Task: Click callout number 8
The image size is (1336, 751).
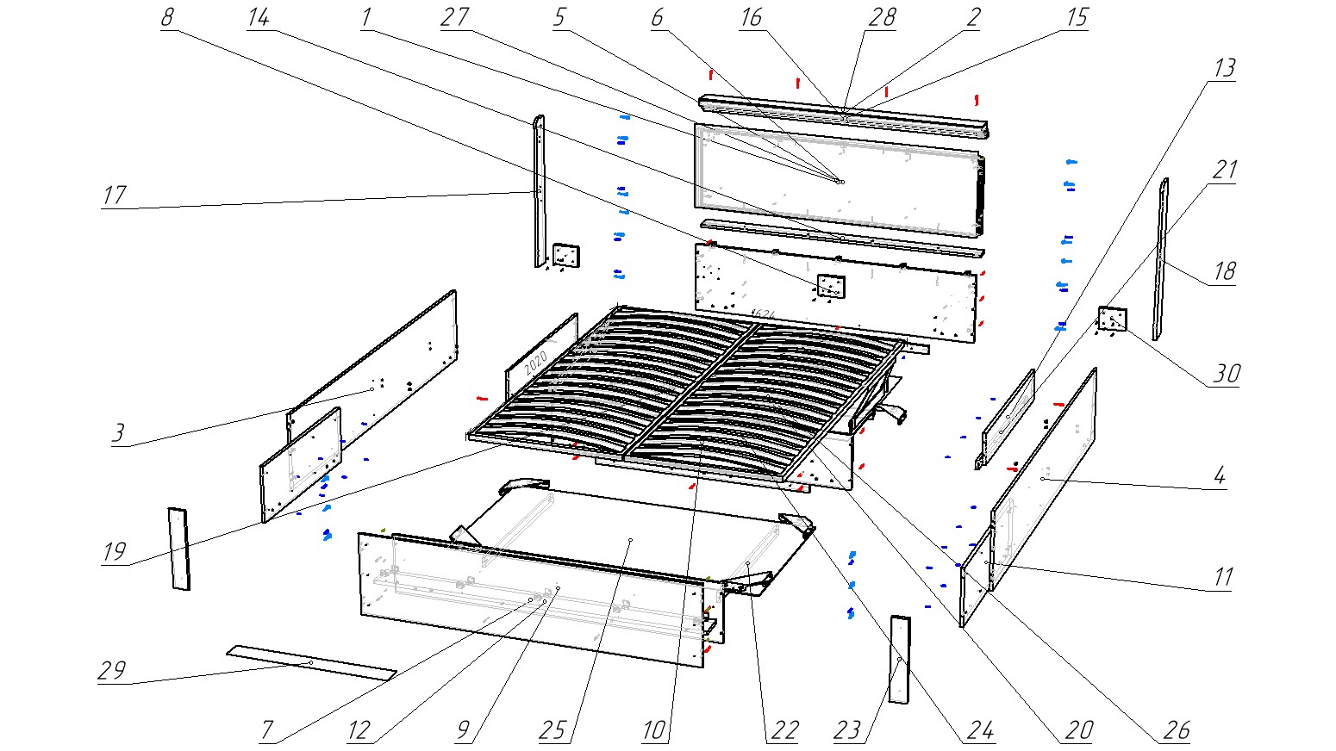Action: (x=167, y=18)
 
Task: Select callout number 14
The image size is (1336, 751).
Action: (x=258, y=18)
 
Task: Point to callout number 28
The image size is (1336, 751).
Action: (x=882, y=18)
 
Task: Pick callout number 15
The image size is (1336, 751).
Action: (x=1077, y=18)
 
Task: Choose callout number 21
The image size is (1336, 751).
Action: (x=1225, y=170)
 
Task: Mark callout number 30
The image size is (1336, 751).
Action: (x=1227, y=374)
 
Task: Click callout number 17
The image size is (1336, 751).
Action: (x=114, y=196)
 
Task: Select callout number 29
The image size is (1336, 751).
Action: (x=112, y=671)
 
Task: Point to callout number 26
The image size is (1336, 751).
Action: (x=1177, y=731)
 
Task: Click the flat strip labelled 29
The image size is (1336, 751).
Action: (x=310, y=661)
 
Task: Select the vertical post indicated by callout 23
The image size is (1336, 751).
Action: (x=899, y=660)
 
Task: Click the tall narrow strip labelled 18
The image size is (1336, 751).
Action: (x=1161, y=258)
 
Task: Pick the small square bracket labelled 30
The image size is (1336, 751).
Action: (x=1112, y=320)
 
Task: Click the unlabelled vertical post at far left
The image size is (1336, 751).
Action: (x=178, y=548)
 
